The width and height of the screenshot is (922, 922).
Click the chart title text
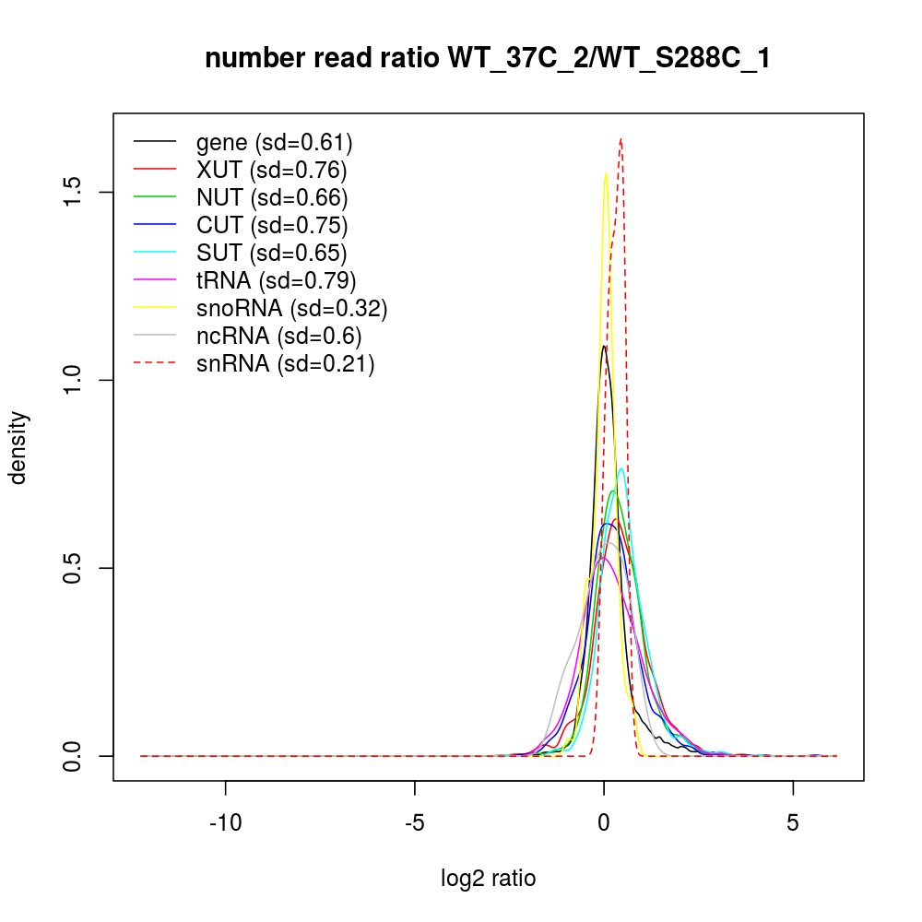[x=487, y=59]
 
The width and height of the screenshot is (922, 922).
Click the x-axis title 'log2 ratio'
[x=488, y=878]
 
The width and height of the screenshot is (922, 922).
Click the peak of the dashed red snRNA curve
[x=621, y=139]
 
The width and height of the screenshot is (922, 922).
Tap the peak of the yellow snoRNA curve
[x=606, y=173]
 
